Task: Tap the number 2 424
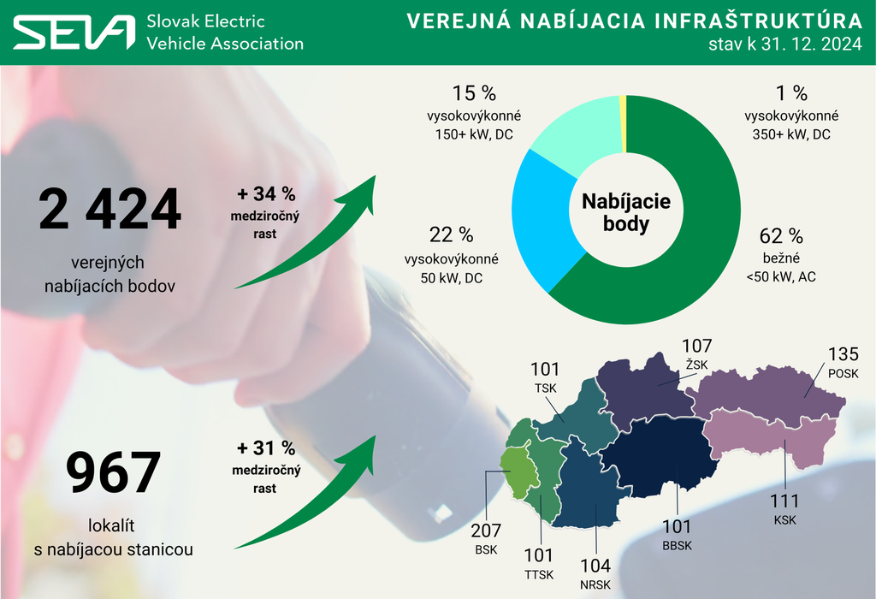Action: tap(109, 210)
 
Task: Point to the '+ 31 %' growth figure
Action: tap(265, 448)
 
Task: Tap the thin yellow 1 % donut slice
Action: tap(623, 124)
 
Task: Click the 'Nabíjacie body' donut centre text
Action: tap(626, 213)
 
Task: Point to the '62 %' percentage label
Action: tap(781, 236)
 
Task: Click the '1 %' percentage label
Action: tap(792, 93)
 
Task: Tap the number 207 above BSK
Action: tap(485, 531)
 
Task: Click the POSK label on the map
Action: tap(843, 374)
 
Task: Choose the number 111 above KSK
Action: tap(784, 501)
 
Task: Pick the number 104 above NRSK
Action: tap(595, 566)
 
